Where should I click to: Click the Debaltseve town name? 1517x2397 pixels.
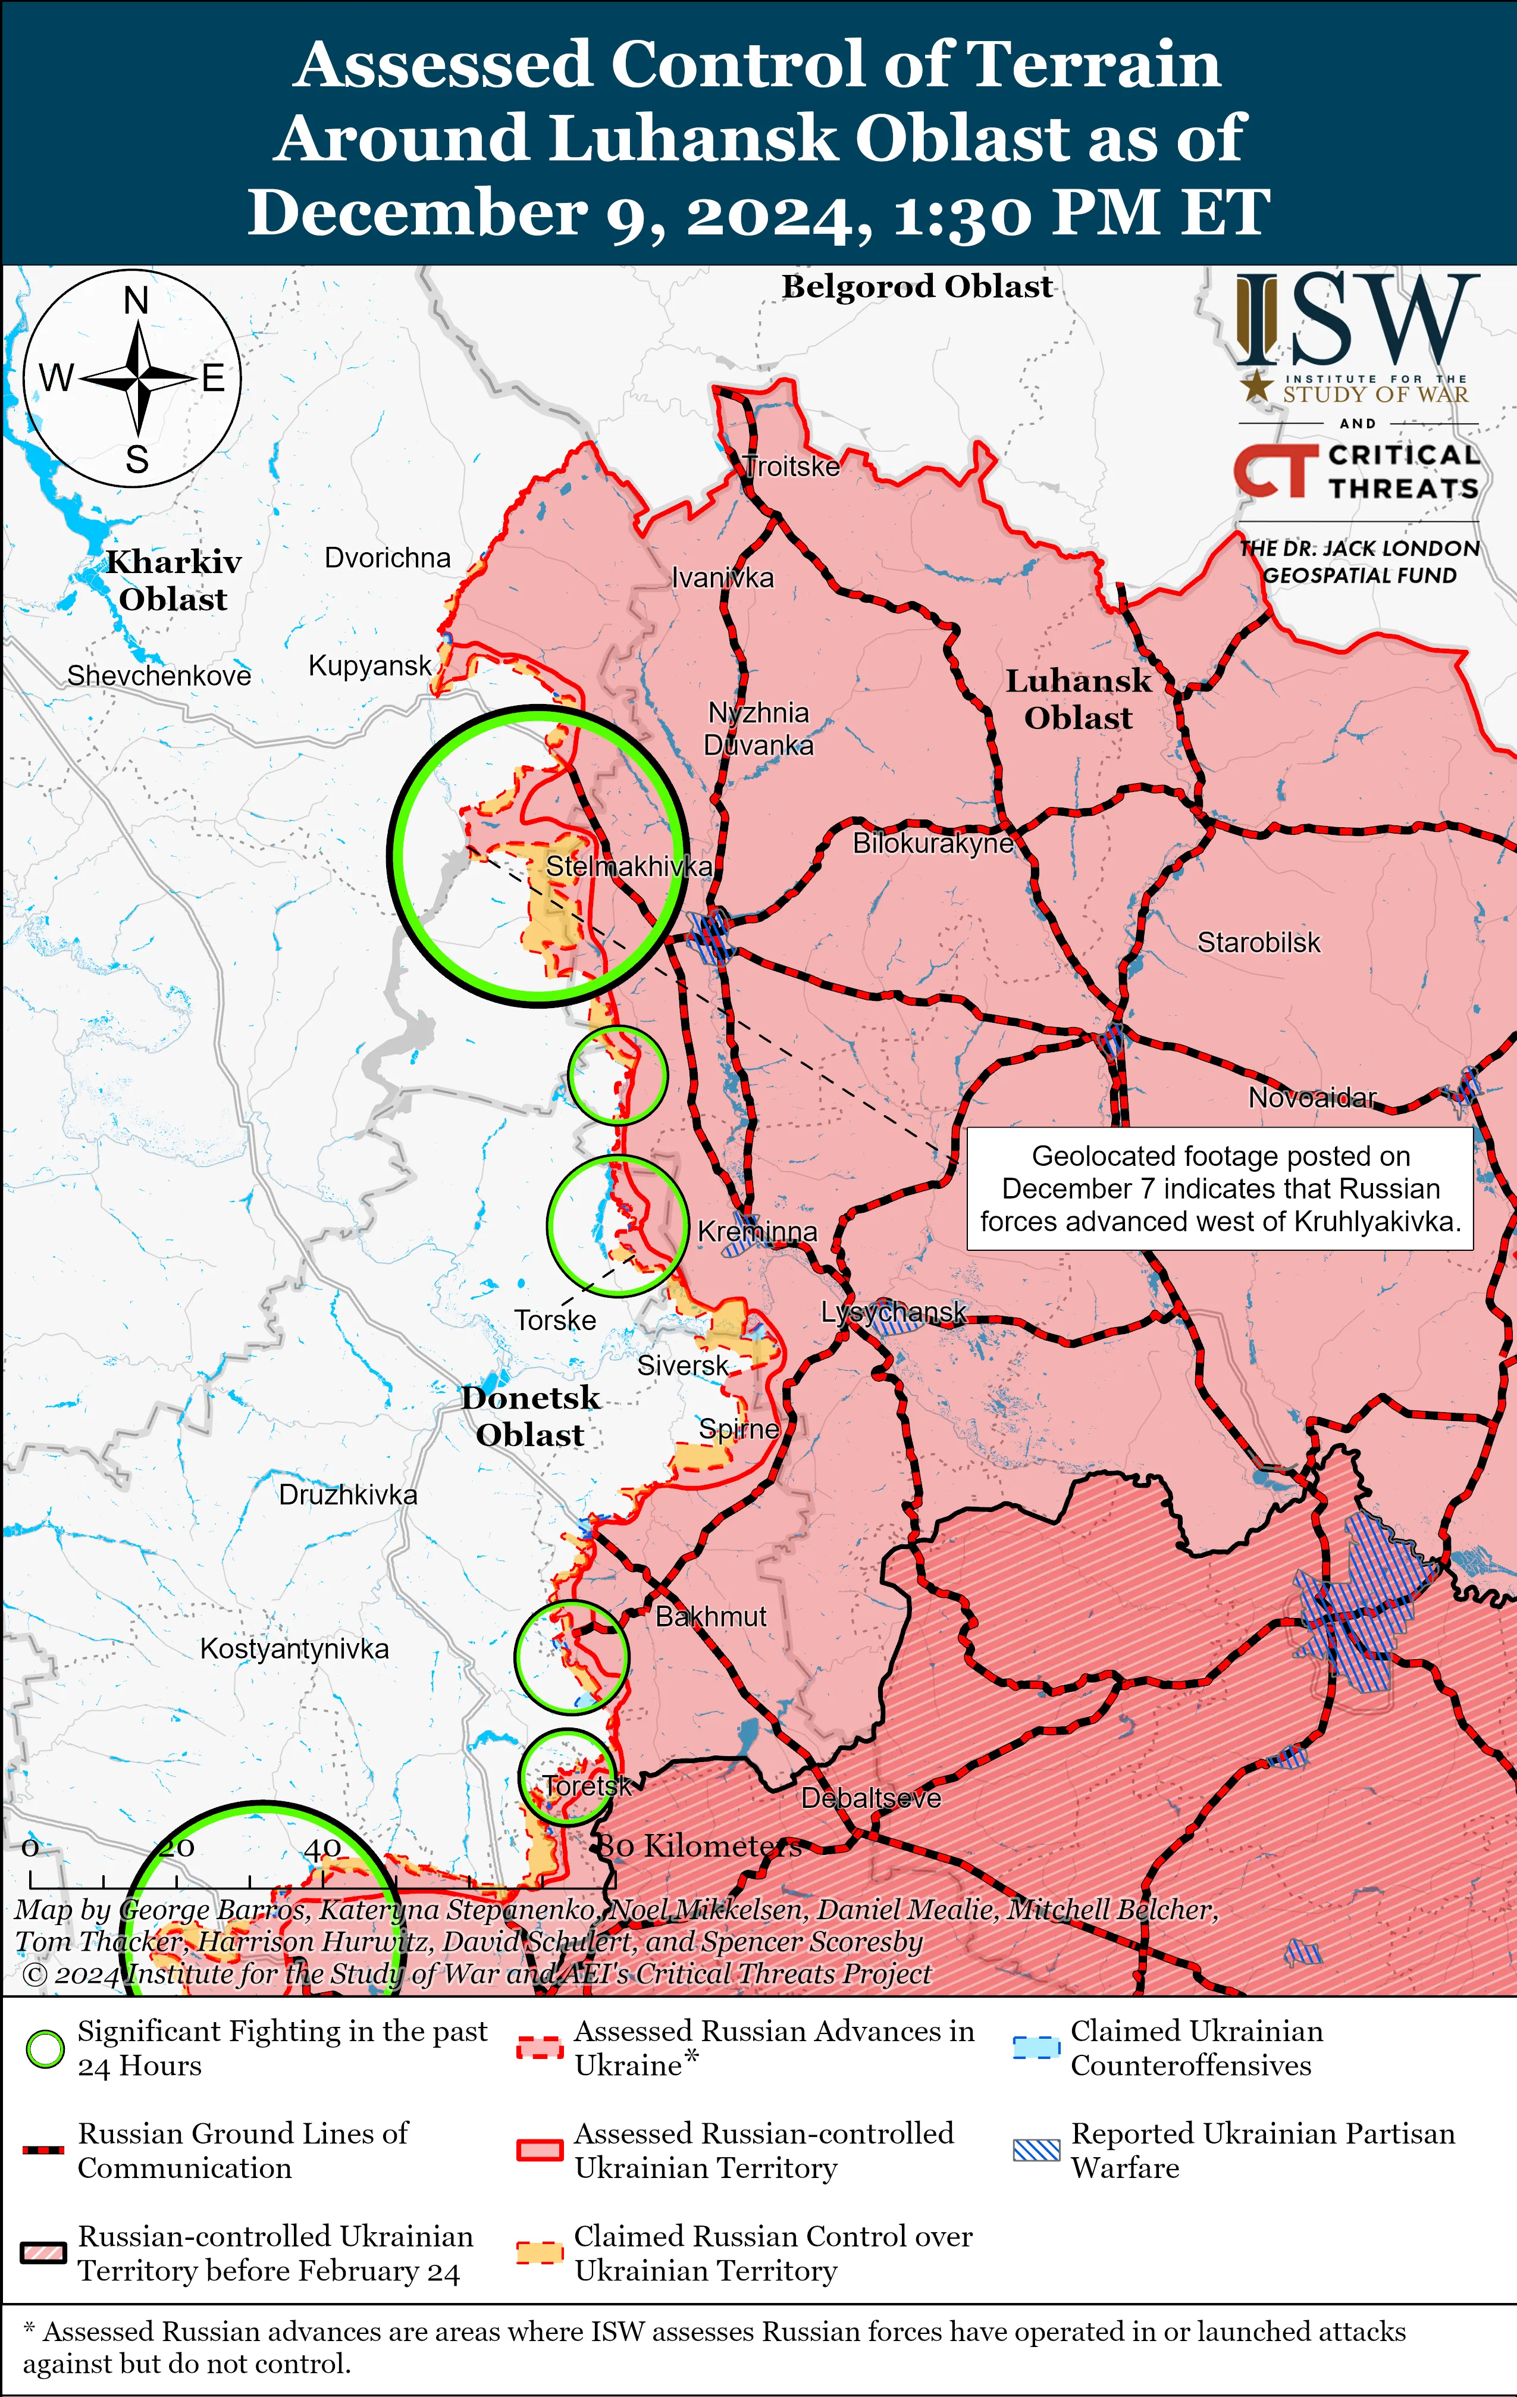(x=871, y=1798)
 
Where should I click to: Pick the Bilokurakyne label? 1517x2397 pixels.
(x=933, y=843)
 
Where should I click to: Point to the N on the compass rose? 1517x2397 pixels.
(x=136, y=301)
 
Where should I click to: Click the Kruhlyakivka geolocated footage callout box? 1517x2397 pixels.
(x=1220, y=1188)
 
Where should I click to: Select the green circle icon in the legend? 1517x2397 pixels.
(x=45, y=2049)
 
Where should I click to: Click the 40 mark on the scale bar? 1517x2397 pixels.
(x=322, y=1850)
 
